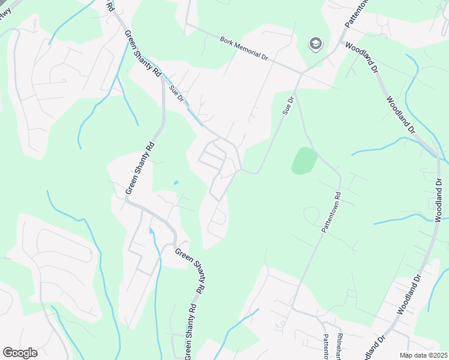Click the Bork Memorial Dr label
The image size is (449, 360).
coord(244,48)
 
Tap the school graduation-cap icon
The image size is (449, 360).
coord(315,43)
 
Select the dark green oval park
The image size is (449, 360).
coord(304,161)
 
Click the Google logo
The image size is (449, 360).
coord(20,353)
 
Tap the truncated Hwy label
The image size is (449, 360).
coord(6,12)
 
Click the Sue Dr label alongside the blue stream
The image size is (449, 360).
coord(175,93)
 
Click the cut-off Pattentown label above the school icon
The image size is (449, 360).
coord(355,13)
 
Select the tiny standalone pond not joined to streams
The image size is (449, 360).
coord(175,182)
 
